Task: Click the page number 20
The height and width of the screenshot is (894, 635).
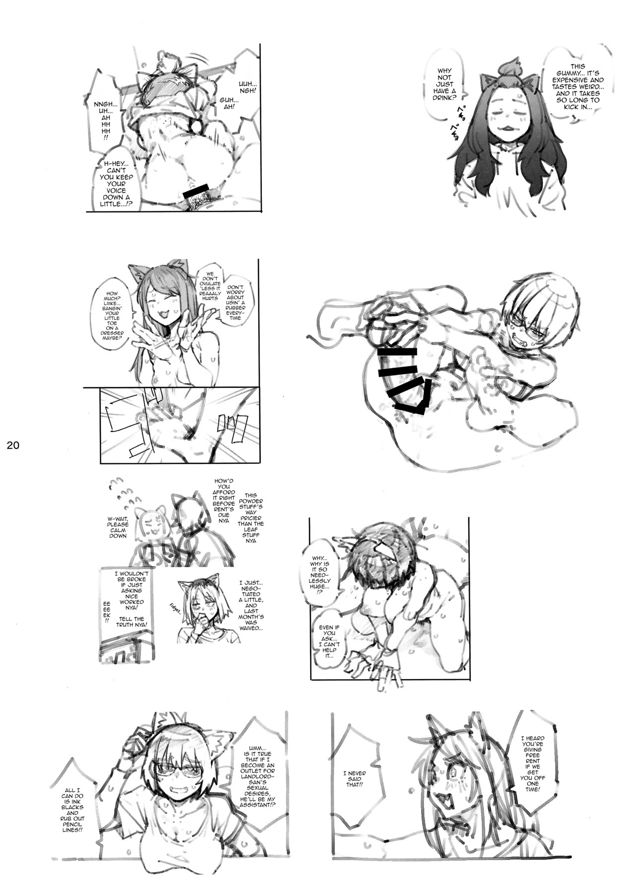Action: tap(13, 446)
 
